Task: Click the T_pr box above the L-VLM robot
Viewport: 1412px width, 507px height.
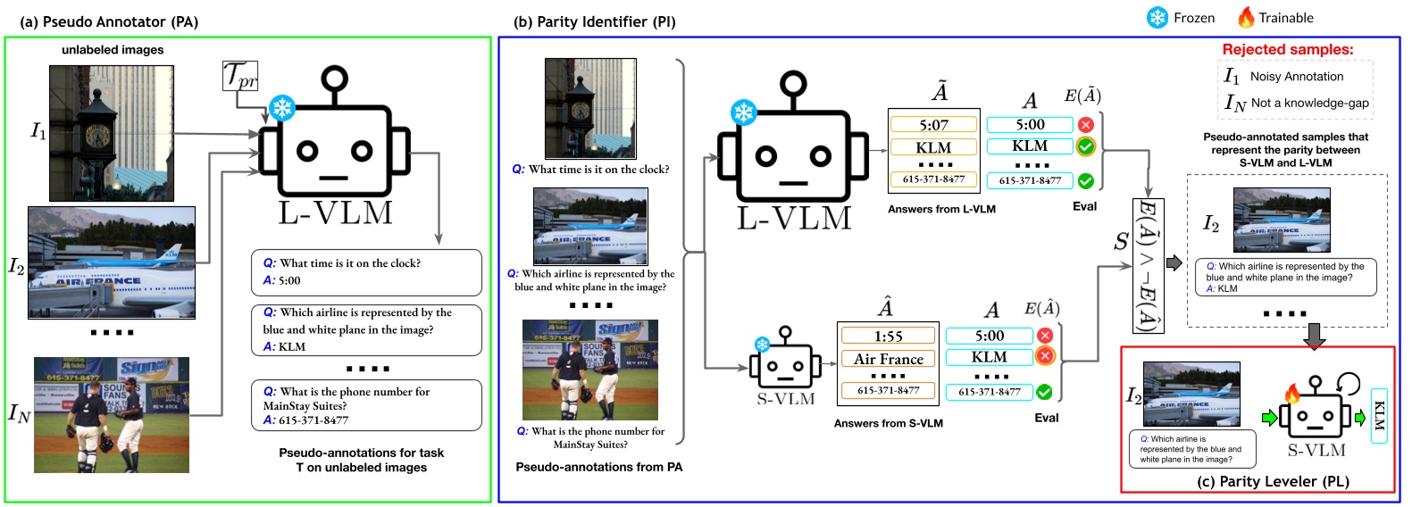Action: point(239,76)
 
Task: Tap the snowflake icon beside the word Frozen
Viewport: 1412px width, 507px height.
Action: point(1157,18)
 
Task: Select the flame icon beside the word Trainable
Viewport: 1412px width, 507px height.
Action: point(1245,17)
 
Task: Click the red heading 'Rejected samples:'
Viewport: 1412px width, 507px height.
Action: point(1287,50)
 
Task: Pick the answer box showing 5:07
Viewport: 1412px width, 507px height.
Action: point(933,125)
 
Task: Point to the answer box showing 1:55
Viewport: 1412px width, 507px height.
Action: point(888,337)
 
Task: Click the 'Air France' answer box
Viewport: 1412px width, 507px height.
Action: point(888,359)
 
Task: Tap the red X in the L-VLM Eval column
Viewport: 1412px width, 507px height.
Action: point(1085,125)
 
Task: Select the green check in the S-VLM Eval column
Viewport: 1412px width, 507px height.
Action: point(1044,392)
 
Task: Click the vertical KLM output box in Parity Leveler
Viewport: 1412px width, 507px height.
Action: point(1378,416)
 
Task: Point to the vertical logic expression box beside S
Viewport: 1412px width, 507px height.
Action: point(1147,265)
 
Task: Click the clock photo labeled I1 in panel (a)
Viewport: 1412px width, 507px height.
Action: point(112,133)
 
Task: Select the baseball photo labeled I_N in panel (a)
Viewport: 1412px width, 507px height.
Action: point(112,415)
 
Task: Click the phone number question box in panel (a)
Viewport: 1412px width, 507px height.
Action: point(366,405)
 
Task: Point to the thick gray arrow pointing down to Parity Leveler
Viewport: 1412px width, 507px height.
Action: point(1314,336)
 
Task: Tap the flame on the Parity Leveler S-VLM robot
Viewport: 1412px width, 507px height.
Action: point(1291,394)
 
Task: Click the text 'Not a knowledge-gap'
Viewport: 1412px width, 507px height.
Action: point(1309,104)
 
